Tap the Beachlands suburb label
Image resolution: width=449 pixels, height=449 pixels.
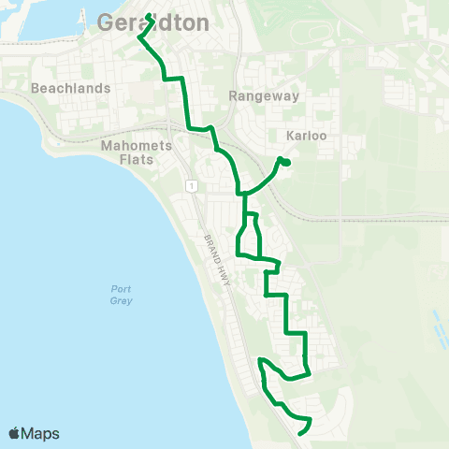click(x=71, y=88)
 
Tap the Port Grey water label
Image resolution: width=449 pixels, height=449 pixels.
click(x=121, y=295)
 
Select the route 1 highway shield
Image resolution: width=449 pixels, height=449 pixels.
click(x=190, y=187)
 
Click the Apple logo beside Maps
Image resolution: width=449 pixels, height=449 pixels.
click(x=14, y=433)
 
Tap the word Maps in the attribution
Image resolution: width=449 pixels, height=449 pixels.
click(x=40, y=433)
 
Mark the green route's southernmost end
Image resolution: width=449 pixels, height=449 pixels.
click(x=299, y=433)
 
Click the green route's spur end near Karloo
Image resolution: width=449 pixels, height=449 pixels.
click(x=285, y=163)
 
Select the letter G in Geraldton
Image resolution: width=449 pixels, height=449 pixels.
click(x=107, y=23)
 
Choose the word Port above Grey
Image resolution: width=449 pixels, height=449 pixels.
click(x=121, y=289)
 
